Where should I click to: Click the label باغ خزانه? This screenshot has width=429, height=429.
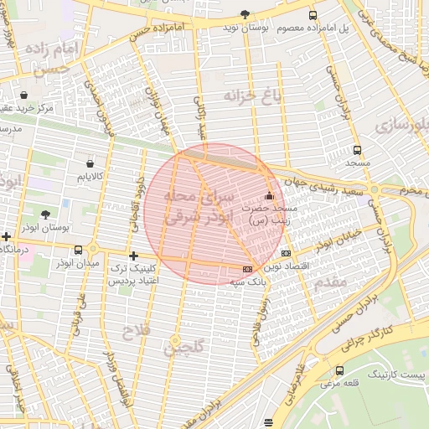coord(255,96)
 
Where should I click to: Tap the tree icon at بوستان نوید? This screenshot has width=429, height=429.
coord(245,14)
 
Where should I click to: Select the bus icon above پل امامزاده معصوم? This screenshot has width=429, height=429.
coord(313,15)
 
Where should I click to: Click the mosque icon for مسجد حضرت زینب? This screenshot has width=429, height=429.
coord(269,196)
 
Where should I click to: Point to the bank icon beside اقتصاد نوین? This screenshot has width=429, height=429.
coord(287,253)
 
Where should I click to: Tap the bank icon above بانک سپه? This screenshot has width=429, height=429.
coord(246,269)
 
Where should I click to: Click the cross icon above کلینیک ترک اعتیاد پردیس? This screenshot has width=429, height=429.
coord(132,256)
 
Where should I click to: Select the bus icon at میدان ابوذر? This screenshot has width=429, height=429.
coord(79,250)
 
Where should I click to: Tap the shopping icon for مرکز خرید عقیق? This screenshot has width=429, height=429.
coord(23,95)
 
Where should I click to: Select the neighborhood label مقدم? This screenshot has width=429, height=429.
coord(331,282)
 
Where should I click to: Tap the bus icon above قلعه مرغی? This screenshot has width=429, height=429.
coord(339,370)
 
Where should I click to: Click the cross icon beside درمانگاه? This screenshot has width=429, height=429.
coord(7,237)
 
